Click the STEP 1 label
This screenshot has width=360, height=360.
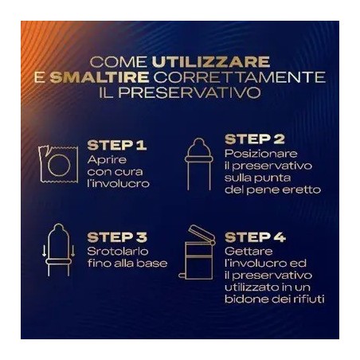pos(116,145)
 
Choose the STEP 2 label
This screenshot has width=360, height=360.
pos(255,139)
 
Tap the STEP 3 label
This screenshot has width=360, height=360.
pos(117,237)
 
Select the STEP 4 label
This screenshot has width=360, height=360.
pos(256,237)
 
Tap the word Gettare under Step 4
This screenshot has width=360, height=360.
pos(245,250)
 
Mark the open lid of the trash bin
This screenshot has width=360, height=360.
pos(201,233)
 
